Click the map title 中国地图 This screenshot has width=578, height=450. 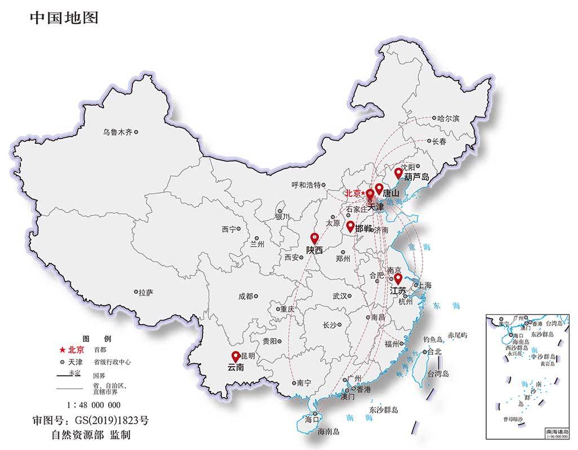tap(64, 18)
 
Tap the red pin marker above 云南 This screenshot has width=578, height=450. tap(235, 356)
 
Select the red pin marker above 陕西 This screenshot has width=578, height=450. tap(314, 238)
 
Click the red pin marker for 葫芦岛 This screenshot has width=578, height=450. tap(398, 173)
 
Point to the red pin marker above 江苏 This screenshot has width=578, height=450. tap(398, 278)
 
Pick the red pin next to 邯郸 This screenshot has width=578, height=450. tap(350, 226)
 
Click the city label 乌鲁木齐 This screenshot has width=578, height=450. tap(117, 132)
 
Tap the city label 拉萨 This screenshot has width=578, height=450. tap(146, 292)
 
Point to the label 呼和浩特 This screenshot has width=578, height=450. tap(305, 184)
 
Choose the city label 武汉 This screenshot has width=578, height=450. tap(340, 296)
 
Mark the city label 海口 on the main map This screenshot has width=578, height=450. tap(312, 419)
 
